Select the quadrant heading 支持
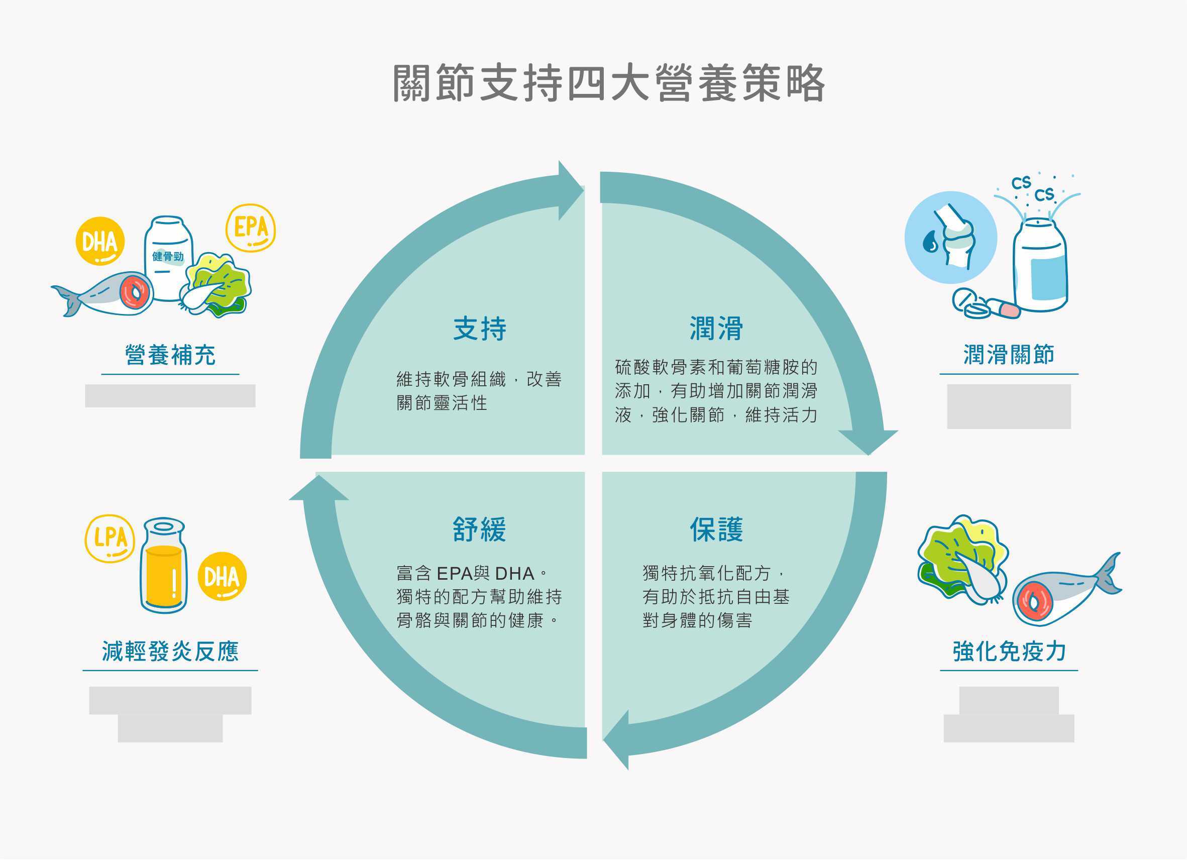coord(479,329)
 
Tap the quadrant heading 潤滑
coord(716,329)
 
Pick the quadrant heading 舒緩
coord(479,530)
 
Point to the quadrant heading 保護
coord(716,530)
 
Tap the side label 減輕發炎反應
coord(170,652)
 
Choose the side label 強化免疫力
coord(1009,652)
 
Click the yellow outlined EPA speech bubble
coord(251,228)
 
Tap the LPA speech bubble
coord(110,539)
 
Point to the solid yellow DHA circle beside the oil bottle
coord(222,577)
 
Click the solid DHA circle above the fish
coord(100,241)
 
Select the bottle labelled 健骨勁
coord(168,258)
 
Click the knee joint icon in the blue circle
coord(951,238)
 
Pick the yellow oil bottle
coord(163,566)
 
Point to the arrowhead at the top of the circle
coord(570,190)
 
